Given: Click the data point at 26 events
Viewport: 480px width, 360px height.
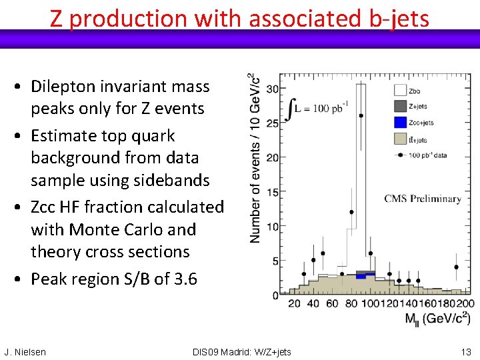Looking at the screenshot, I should coord(361,115).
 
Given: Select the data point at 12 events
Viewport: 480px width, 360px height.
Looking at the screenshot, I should coord(351,213).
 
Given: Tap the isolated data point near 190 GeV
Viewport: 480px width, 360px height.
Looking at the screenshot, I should coord(457,267).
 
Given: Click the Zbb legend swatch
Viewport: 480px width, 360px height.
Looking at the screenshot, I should coord(400,89).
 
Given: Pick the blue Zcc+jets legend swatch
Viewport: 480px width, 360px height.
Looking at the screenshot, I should coord(400,122).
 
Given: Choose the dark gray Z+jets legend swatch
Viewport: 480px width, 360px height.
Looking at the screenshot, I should coord(400,105).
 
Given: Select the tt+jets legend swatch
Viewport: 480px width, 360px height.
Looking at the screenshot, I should coord(400,139).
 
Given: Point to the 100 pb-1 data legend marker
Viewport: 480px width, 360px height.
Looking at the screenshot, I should coord(400,155).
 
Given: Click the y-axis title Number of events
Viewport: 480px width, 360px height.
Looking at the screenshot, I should coord(255,157).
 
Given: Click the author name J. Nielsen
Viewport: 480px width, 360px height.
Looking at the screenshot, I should coord(25,352).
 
